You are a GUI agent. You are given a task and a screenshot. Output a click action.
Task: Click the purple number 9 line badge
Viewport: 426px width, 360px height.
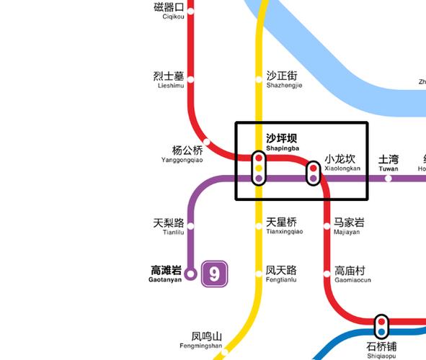[215, 274]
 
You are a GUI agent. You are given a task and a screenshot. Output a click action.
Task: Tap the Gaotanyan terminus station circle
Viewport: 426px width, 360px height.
[190, 274]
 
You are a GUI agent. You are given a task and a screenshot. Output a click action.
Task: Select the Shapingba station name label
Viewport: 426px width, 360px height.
[281, 141]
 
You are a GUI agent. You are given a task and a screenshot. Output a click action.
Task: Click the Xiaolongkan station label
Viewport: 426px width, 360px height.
[341, 163]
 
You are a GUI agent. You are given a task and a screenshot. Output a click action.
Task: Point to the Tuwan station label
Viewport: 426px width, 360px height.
[389, 163]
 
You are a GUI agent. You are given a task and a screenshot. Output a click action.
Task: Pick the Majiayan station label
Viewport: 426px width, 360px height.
[348, 226]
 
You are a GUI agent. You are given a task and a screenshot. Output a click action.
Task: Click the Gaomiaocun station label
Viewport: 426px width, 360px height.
[352, 274]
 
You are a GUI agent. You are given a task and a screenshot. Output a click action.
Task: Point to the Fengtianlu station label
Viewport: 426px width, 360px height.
[281, 274]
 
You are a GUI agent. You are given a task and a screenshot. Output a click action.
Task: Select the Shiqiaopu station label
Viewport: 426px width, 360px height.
[381, 349]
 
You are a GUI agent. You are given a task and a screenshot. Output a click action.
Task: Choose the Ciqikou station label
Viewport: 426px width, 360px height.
[169, 11]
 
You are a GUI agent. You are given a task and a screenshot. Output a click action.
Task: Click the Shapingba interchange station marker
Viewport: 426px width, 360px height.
[259, 168]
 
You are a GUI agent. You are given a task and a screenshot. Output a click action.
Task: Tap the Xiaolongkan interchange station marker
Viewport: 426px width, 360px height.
[314, 173]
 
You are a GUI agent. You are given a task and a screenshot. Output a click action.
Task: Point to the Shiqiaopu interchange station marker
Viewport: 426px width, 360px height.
[381, 327]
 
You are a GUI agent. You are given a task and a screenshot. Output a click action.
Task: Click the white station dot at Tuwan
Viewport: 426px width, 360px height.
[389, 178]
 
